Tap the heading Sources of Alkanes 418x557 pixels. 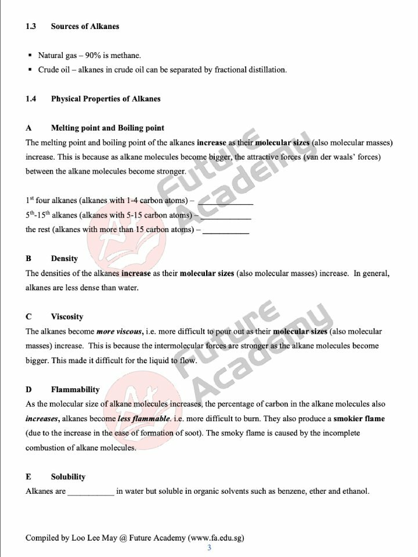click(85, 26)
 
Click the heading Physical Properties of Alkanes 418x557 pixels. click(106, 99)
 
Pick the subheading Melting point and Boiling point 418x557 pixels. click(107, 128)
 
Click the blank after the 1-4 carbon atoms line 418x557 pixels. click(225, 202)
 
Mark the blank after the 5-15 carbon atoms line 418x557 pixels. click(226, 216)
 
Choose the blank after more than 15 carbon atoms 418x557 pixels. click(226, 231)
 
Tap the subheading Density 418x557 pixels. click(64, 259)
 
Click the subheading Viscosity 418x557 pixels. click(67, 317)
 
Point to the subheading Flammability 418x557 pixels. click(75, 390)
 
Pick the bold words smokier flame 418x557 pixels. click(359, 419)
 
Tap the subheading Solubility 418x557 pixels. click(68, 477)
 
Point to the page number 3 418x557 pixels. click(209, 548)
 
